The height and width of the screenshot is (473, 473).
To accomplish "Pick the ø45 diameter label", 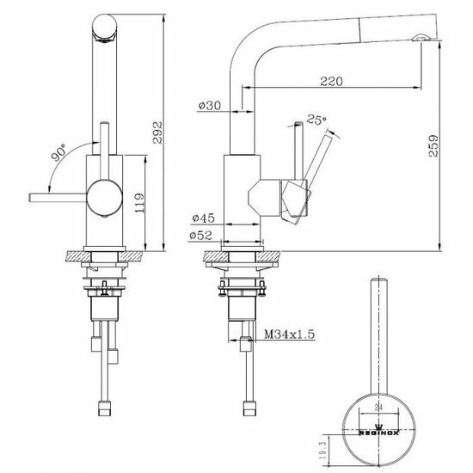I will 205,218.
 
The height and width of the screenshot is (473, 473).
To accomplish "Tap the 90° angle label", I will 59,156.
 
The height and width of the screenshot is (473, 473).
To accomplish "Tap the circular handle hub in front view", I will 104,196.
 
